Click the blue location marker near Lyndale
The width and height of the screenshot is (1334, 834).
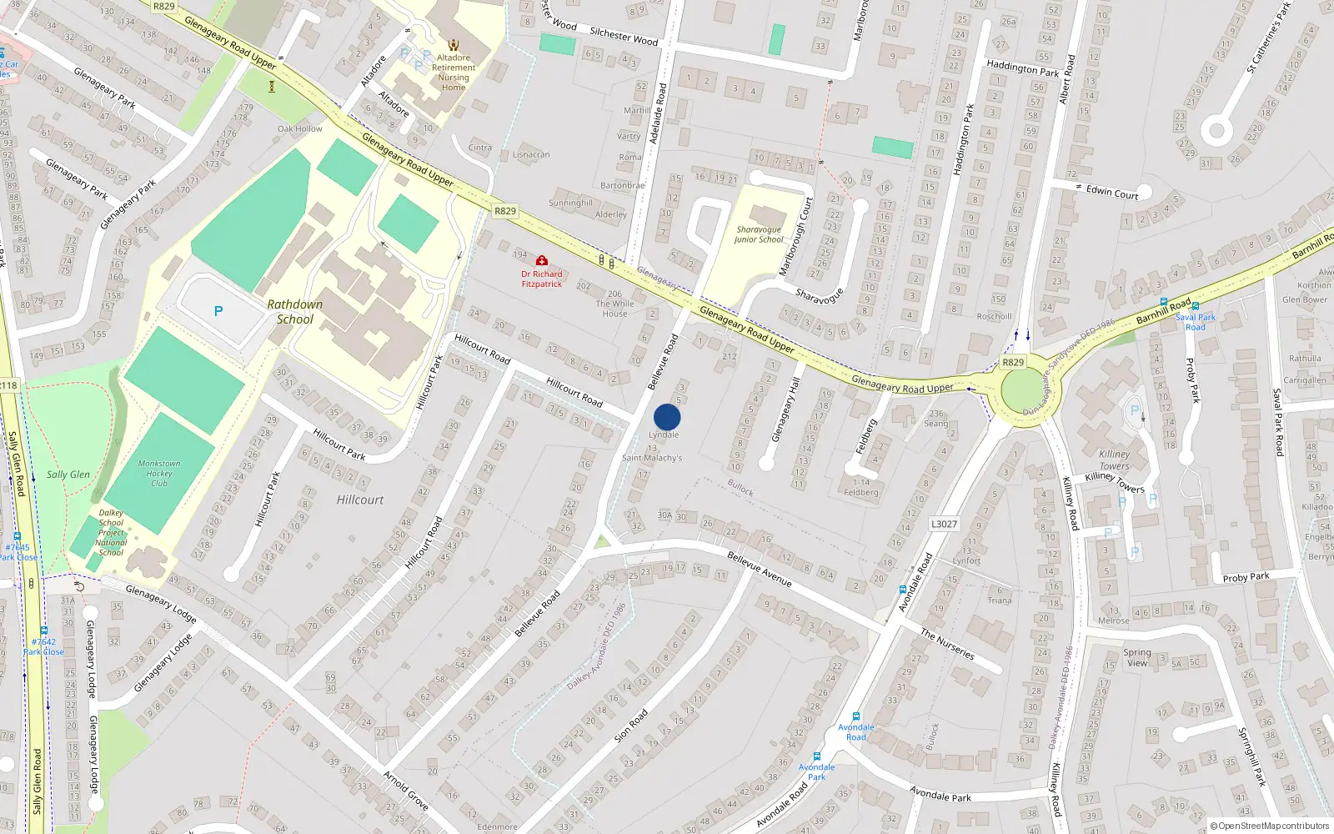[x=667, y=417]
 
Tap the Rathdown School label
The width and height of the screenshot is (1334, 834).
[x=295, y=312]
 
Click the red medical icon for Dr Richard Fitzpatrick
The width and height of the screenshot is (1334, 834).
[x=542, y=261]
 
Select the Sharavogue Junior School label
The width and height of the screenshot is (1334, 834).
[x=759, y=234]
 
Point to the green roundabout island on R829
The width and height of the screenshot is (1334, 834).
[x=1022, y=391]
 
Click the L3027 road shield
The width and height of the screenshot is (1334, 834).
[x=944, y=524]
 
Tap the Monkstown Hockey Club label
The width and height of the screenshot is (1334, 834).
[x=159, y=473]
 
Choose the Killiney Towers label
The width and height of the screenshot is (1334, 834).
[x=1115, y=460]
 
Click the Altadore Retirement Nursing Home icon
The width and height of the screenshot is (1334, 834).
[x=454, y=45]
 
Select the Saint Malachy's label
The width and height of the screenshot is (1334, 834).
[x=652, y=458]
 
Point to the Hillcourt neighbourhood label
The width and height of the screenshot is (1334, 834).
[x=360, y=500]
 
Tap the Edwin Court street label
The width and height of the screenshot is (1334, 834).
[x=1112, y=192]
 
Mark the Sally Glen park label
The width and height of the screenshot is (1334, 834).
[x=68, y=475]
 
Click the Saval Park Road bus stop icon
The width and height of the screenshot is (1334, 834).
[x=1195, y=306]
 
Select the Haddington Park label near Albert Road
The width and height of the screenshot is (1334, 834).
[x=1022, y=68]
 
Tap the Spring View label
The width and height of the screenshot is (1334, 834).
[x=1137, y=658]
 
